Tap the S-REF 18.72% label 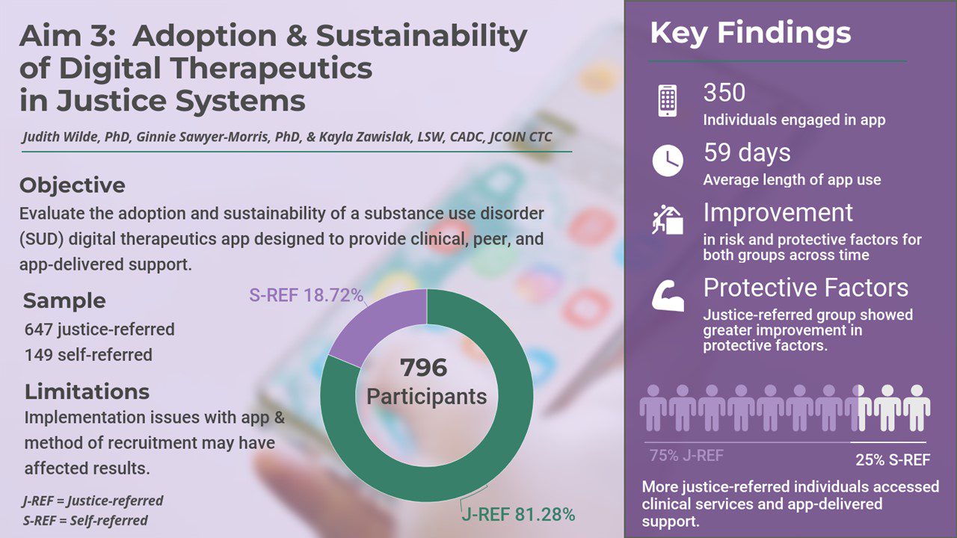click(x=306, y=295)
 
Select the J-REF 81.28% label click(x=518, y=515)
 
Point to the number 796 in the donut click(x=423, y=368)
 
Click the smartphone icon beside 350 click(x=668, y=100)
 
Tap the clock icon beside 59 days click(x=668, y=161)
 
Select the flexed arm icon click(x=668, y=295)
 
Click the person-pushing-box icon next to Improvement click(x=668, y=220)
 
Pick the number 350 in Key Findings click(x=724, y=93)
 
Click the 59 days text click(x=747, y=153)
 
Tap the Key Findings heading click(x=751, y=33)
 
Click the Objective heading click(x=73, y=185)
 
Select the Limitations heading click(x=87, y=392)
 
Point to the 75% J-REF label click(x=686, y=456)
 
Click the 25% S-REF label click(x=893, y=460)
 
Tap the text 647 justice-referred click(x=99, y=330)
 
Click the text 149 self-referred click(x=88, y=355)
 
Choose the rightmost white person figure click(x=917, y=408)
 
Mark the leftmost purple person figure click(x=653, y=408)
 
